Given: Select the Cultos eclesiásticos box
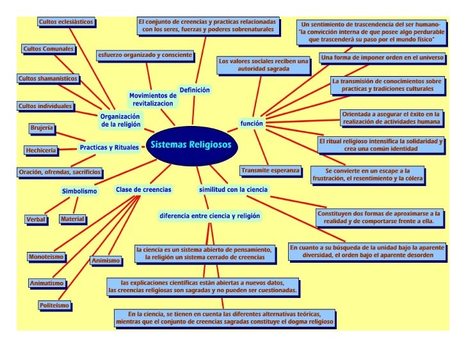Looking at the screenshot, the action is click(x=66, y=22).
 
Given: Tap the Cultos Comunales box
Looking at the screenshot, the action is click(x=48, y=49).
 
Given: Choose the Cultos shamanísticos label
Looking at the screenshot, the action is click(x=48, y=79).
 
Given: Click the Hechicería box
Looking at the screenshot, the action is click(x=41, y=150).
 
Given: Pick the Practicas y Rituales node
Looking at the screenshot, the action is click(x=109, y=148).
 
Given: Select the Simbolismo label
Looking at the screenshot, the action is click(x=79, y=191).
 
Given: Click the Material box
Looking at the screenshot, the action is click(x=72, y=219).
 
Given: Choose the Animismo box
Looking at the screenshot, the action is click(x=106, y=261).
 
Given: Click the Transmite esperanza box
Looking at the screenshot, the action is click(x=270, y=171).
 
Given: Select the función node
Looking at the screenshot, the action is click(x=252, y=121).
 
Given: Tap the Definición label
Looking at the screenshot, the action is click(x=195, y=90).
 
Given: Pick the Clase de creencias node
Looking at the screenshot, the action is click(x=143, y=190).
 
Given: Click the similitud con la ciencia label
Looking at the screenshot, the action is click(x=233, y=190).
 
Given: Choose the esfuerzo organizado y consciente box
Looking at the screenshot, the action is click(x=145, y=56).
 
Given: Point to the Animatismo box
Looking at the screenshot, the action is click(x=46, y=283).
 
